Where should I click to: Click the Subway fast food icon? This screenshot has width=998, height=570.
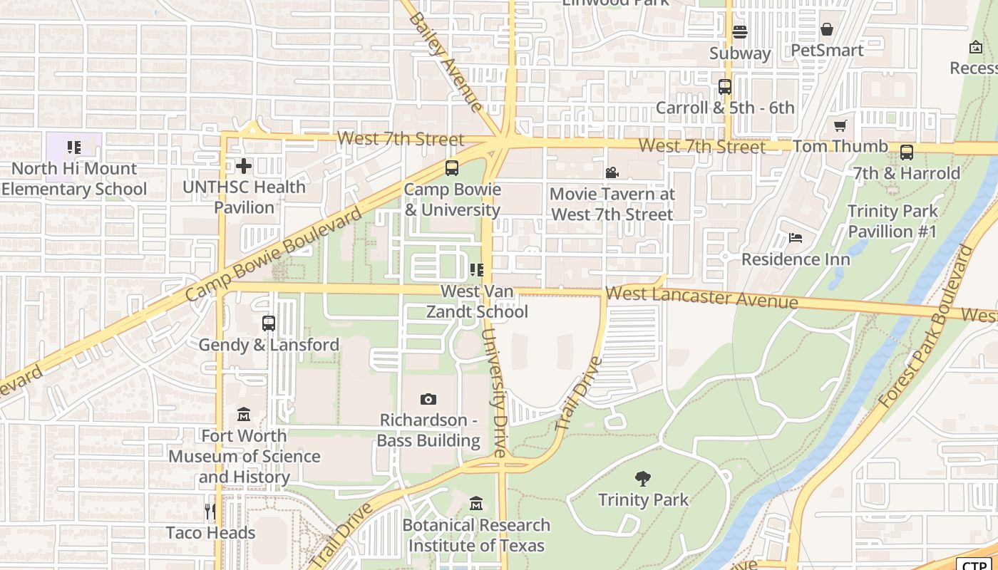coord(740,32)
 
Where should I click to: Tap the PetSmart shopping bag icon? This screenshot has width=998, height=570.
coord(827,29)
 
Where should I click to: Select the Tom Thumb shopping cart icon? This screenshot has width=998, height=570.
coord(840,126)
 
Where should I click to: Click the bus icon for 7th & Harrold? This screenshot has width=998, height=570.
coord(906,152)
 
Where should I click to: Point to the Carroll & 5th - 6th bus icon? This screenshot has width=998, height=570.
coord(725,87)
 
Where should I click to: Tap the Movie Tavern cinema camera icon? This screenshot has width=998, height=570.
coord(612,173)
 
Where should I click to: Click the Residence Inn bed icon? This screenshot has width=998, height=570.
coord(796,238)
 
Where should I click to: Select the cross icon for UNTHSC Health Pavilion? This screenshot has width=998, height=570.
coord(244,166)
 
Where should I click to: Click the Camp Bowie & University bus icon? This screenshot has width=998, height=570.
coord(451,169)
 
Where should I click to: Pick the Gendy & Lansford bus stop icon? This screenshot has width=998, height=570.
coord(268,323)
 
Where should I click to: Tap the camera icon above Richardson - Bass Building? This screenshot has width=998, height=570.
coord(428,399)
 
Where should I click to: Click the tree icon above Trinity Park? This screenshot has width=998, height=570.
coord(643,478)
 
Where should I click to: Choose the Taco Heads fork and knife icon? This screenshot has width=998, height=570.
coord(210,511)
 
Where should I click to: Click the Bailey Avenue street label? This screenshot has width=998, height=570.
coord(446,62)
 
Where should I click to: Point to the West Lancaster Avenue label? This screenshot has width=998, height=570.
coord(701,297)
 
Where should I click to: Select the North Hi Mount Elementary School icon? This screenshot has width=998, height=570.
coord(74,147)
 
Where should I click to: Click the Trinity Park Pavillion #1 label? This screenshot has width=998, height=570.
coord(892,221)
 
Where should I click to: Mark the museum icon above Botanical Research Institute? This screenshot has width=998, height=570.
coord(476,504)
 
